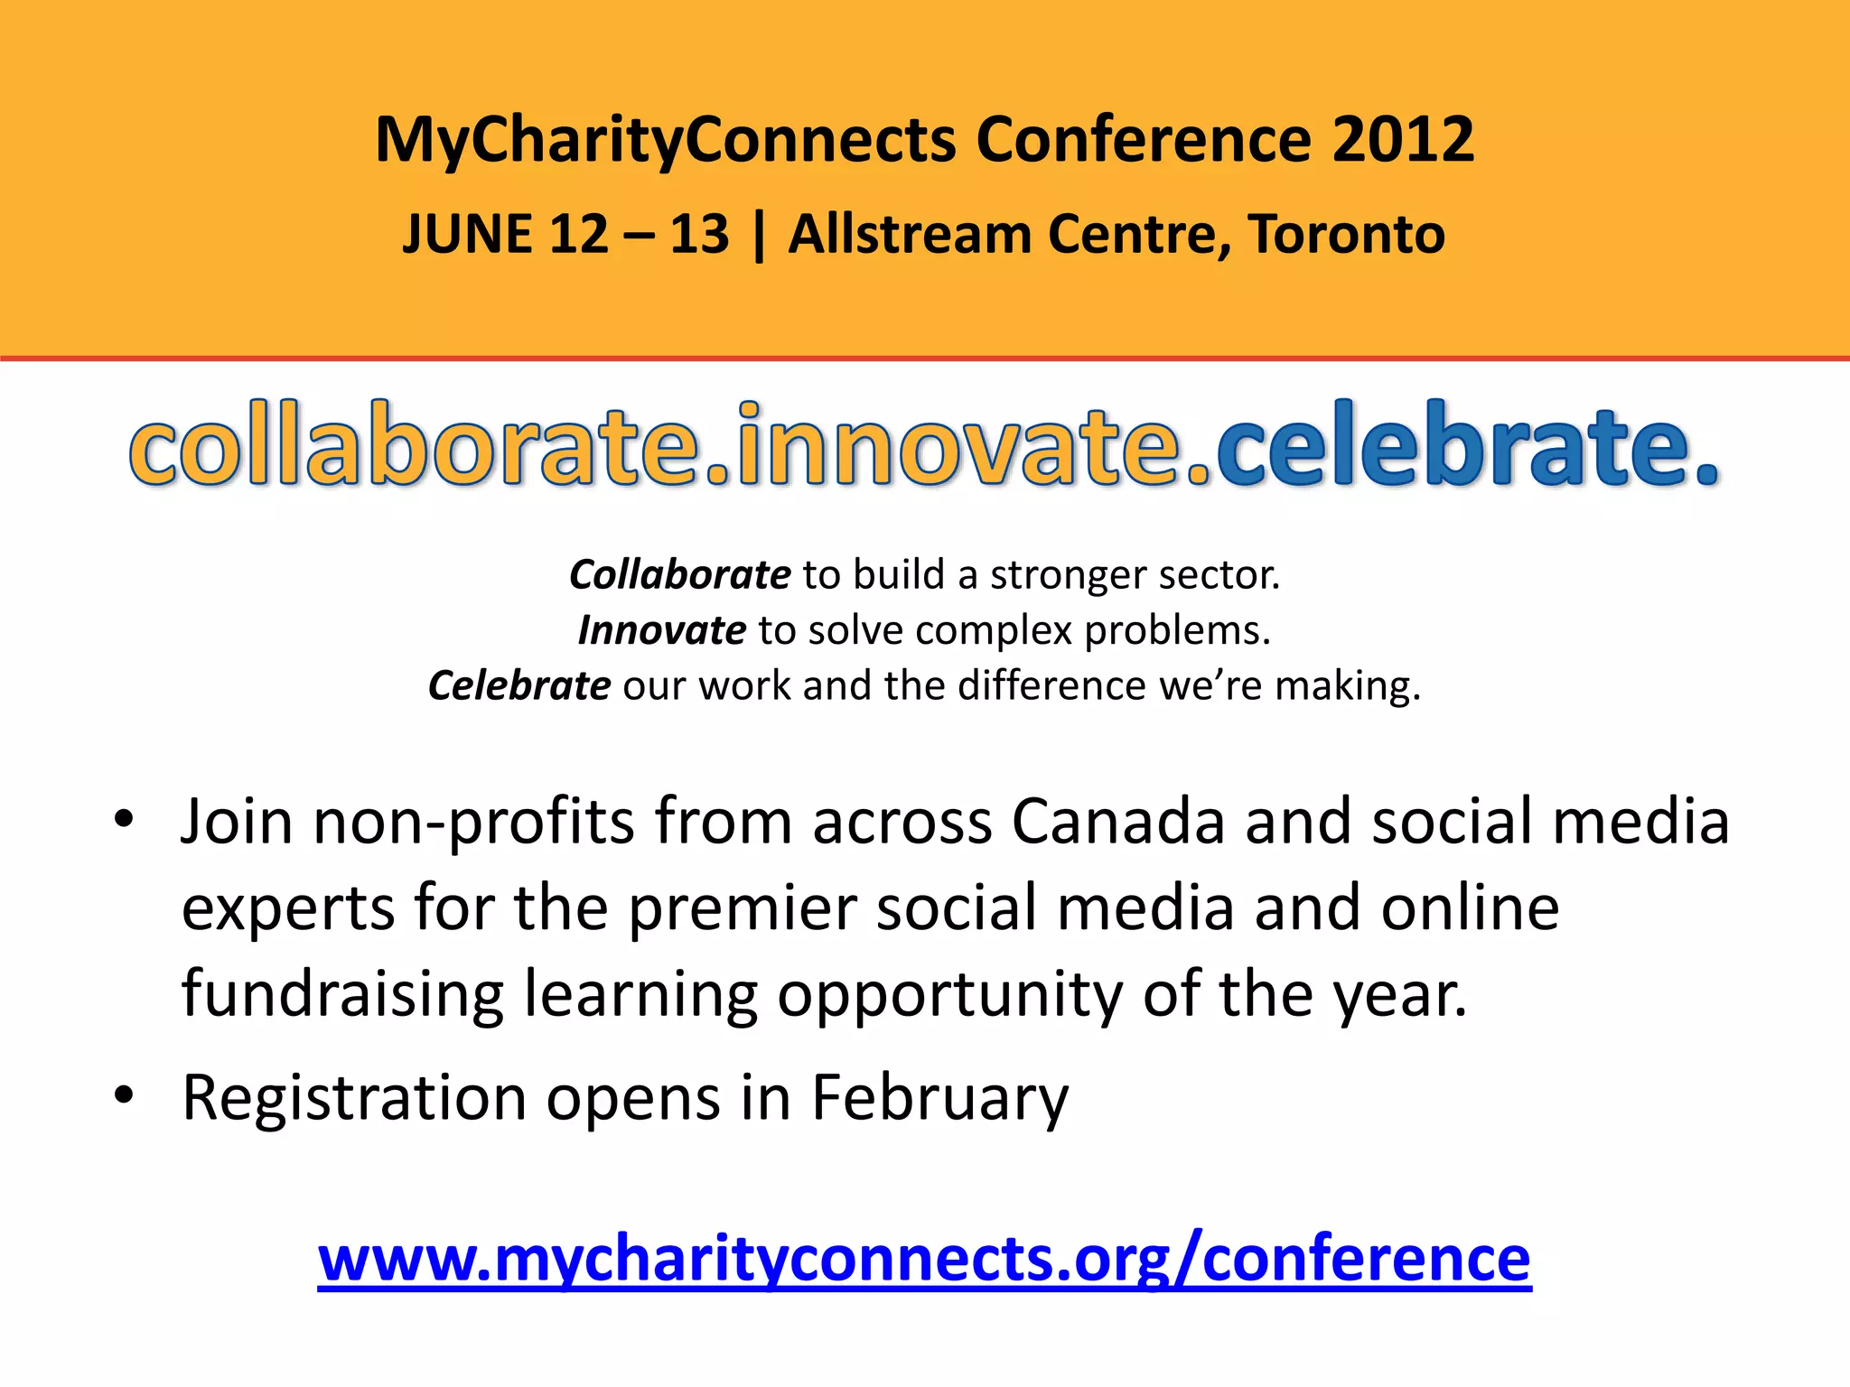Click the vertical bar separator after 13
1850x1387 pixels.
click(758, 235)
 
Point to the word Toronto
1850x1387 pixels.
click(1347, 235)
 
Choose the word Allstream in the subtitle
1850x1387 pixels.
click(909, 235)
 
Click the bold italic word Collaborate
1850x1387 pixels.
click(680, 575)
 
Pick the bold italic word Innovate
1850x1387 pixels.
click(662, 630)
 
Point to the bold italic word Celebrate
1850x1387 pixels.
click(519, 686)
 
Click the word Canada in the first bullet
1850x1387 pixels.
click(1117, 822)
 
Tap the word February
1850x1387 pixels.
click(939, 1098)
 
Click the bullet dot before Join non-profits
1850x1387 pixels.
click(124, 820)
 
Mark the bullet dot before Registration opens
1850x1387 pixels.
click(124, 1095)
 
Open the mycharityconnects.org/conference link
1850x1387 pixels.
click(924, 1259)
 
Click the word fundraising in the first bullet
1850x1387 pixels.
click(342, 994)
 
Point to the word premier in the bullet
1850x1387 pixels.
click(742, 908)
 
